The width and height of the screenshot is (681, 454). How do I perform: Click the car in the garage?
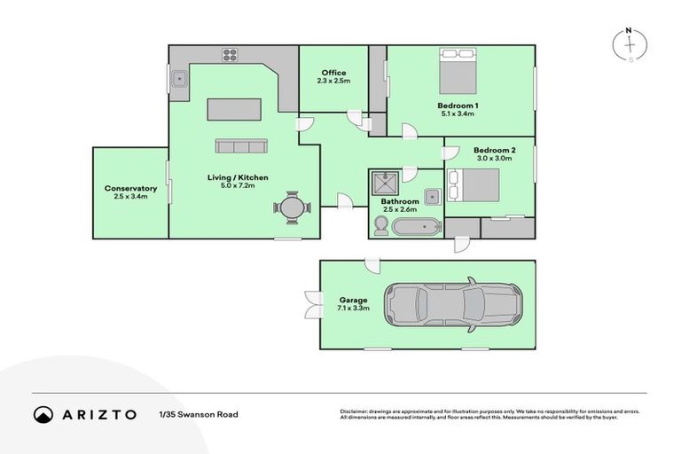click(452, 305)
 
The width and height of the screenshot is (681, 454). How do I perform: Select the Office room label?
click(333, 73)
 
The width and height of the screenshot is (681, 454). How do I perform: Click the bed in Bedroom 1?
click(458, 71)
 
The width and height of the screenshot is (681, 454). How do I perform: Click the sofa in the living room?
click(240, 146)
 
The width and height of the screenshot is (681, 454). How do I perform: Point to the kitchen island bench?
click(234, 109)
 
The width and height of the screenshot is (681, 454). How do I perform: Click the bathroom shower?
click(386, 184)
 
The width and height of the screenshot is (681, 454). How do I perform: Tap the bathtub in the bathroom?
click(417, 228)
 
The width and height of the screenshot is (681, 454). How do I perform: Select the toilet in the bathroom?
click(380, 228)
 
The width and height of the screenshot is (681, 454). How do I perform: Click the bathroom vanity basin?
click(432, 196)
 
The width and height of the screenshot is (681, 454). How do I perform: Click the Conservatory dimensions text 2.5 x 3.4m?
click(130, 196)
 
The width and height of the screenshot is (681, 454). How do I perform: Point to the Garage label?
click(352, 300)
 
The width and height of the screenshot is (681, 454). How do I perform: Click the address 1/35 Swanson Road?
click(199, 414)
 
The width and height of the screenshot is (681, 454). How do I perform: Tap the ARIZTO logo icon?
click(43, 414)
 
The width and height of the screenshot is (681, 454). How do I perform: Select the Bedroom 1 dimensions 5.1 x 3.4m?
click(458, 113)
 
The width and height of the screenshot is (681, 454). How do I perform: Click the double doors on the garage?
click(311, 304)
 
